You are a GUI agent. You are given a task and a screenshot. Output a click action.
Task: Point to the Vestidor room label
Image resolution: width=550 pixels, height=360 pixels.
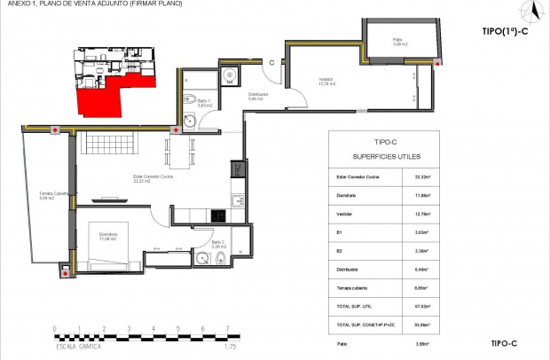(x=327, y=82)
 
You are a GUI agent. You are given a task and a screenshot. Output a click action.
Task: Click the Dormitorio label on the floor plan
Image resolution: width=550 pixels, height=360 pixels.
(x=108, y=237)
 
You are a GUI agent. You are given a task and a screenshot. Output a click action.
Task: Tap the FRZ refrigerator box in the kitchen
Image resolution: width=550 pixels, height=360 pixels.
(x=237, y=168)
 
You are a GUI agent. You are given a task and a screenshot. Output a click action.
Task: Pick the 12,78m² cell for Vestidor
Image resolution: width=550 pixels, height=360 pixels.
(x=422, y=213)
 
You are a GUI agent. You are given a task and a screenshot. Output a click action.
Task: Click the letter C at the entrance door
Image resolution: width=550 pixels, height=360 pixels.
(x=272, y=62)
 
